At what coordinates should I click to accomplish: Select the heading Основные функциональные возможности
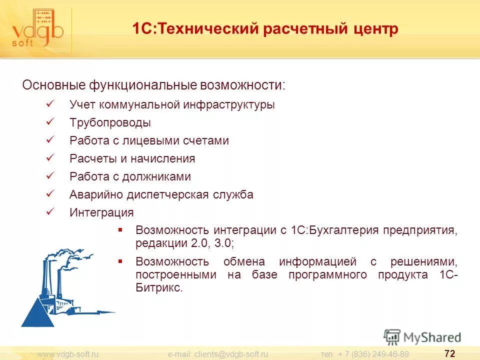pos(153,85)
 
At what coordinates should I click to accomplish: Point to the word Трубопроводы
pos(110,123)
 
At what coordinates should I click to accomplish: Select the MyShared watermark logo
pos(422,337)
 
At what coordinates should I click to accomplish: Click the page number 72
pos(449,354)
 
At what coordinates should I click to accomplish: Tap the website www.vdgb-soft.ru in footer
pos(68,354)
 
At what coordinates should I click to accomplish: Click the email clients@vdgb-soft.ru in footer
pos(218,354)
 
